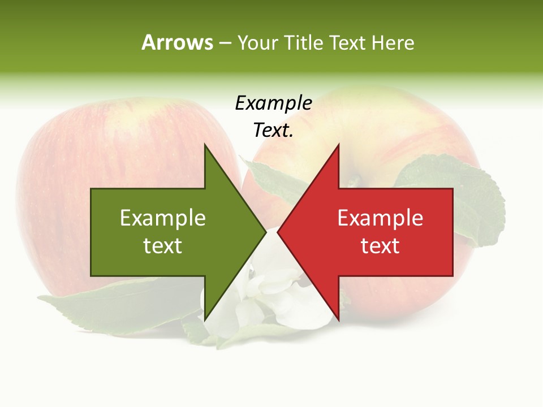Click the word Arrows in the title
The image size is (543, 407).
pos(177,43)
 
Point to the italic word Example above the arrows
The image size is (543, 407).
pos(273,103)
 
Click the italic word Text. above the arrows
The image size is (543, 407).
pos(273,130)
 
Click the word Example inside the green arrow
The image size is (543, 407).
pos(163,218)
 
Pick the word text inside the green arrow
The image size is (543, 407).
pos(163,246)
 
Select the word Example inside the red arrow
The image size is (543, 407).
pos(380,218)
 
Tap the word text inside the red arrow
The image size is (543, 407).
pos(380,246)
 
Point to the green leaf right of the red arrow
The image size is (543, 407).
pos(481,198)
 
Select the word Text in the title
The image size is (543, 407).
pos(347,43)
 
